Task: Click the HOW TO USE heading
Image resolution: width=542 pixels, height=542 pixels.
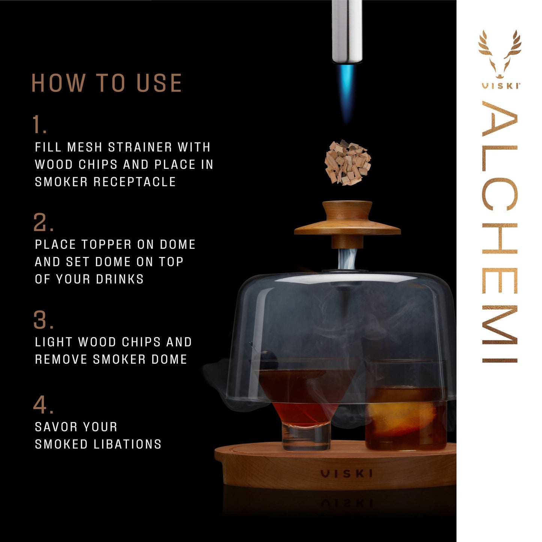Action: pyautogui.click(x=107, y=83)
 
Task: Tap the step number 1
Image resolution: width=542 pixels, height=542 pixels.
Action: pyautogui.click(x=39, y=125)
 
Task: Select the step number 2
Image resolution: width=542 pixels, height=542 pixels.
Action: pyautogui.click(x=43, y=222)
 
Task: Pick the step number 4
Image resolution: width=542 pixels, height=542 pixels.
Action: pyautogui.click(x=43, y=405)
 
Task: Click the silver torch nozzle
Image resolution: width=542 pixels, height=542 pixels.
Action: pyautogui.click(x=347, y=30)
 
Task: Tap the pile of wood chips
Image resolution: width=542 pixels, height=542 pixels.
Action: pyautogui.click(x=347, y=163)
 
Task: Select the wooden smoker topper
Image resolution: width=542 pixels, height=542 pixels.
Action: pyautogui.click(x=347, y=223)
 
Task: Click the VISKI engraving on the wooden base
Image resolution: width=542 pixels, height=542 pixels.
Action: pyautogui.click(x=347, y=474)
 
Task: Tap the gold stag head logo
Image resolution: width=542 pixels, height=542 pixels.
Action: pyautogui.click(x=500, y=54)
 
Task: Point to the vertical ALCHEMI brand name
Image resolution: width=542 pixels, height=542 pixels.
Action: pyautogui.click(x=500, y=233)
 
